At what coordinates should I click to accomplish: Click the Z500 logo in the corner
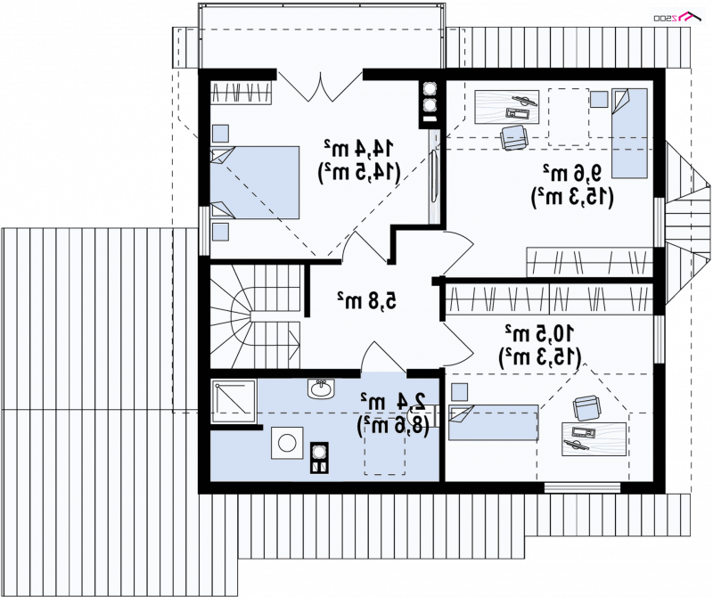click(x=677, y=16)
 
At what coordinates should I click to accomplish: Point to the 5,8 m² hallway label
click(x=366, y=299)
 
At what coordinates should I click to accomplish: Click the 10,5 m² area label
click(x=539, y=333)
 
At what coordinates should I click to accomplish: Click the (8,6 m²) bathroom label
click(x=393, y=425)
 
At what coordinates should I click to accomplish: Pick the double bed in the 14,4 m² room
click(x=255, y=183)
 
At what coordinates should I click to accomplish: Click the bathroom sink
click(x=321, y=388)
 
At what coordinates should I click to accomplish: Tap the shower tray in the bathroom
click(x=234, y=401)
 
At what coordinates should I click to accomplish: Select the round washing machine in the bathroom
click(x=287, y=443)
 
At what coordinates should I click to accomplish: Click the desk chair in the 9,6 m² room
click(x=514, y=137)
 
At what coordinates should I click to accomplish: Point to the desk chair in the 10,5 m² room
click(x=586, y=407)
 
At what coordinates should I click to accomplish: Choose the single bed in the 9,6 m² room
click(x=629, y=133)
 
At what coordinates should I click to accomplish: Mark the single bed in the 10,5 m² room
click(x=494, y=423)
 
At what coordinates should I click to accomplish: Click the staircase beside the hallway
click(x=255, y=316)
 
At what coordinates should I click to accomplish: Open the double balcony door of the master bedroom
click(x=320, y=86)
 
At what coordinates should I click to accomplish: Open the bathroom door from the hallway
click(x=383, y=358)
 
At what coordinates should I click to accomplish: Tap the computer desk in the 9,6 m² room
click(x=507, y=106)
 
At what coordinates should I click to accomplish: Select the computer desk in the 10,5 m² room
click(x=594, y=438)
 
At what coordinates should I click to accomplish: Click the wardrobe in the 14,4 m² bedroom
click(x=242, y=93)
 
